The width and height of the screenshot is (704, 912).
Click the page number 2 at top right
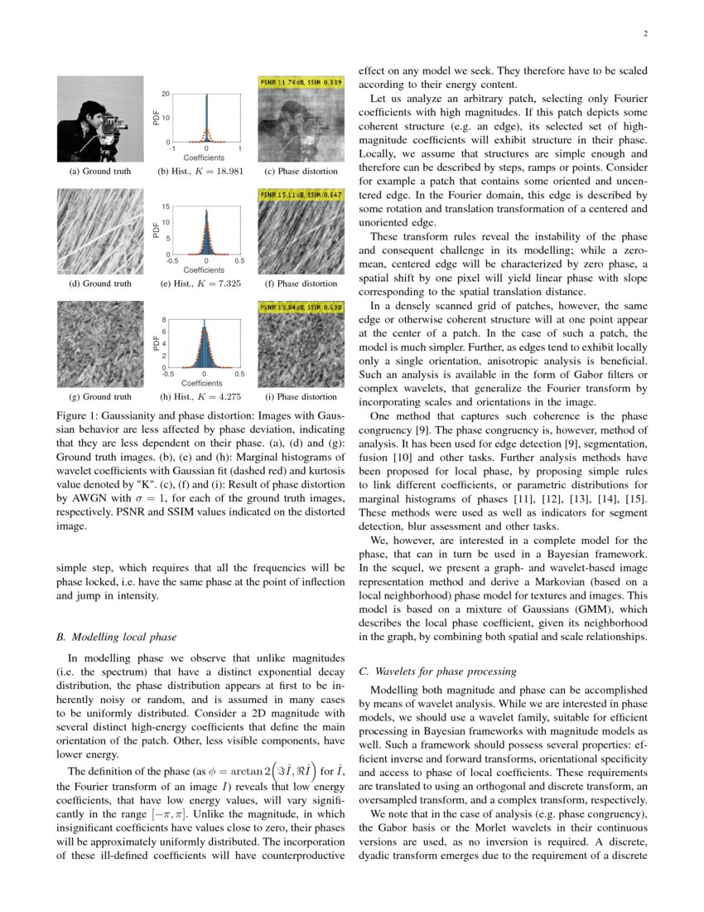point(644,34)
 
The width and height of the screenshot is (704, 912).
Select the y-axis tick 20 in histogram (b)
point(166,94)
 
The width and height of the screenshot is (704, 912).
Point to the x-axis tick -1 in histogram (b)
point(172,148)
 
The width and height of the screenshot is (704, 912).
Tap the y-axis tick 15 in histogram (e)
point(166,206)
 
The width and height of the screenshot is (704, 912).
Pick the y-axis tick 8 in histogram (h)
point(166,319)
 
